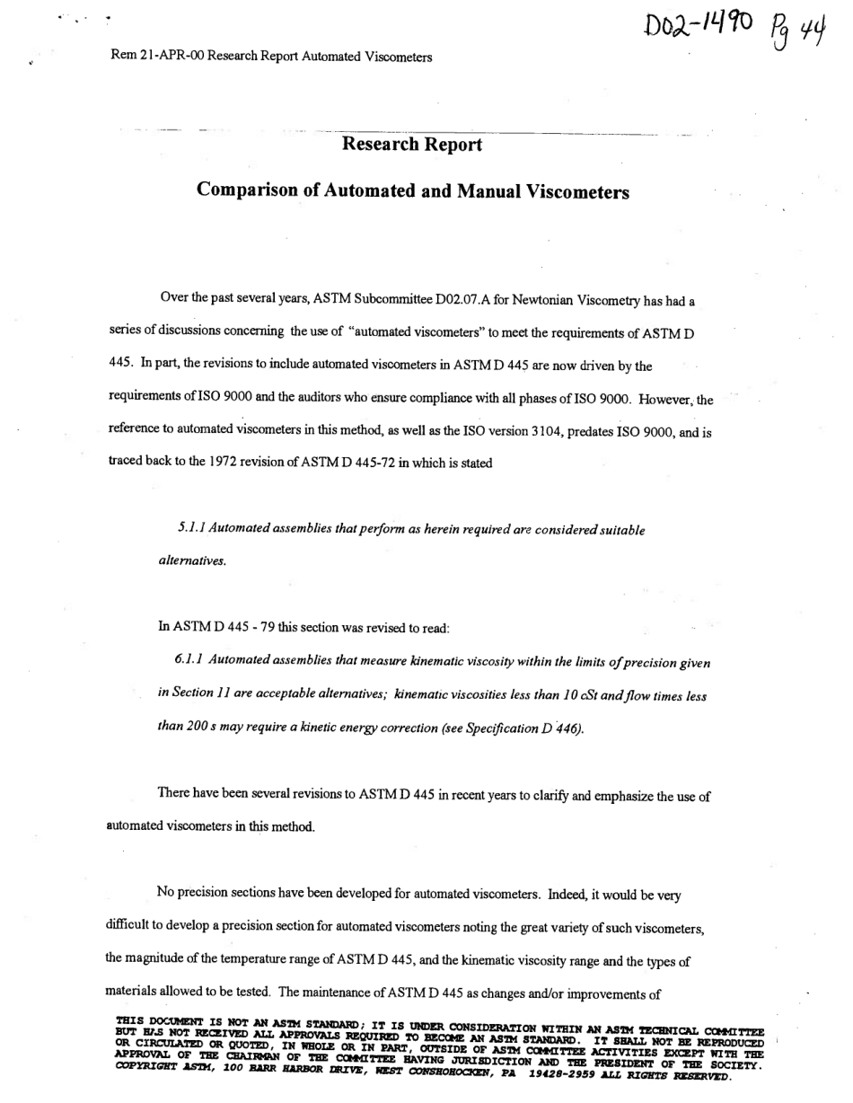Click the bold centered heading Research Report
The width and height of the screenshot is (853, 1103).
click(x=412, y=145)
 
